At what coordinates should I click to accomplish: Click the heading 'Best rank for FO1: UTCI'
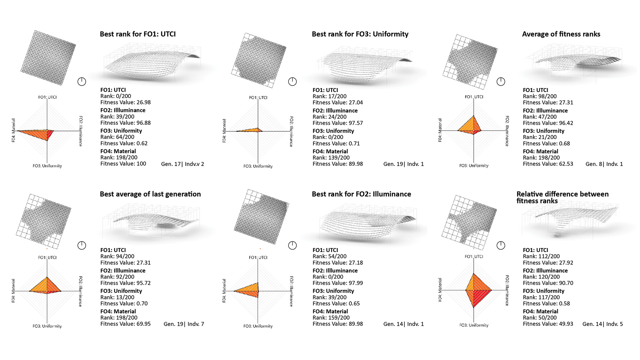click(x=138, y=34)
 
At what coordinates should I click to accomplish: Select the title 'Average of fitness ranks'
click(x=561, y=34)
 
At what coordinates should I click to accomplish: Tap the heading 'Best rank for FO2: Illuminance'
click(x=361, y=194)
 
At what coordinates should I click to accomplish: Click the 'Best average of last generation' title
click(x=150, y=194)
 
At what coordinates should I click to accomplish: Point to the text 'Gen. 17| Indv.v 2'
click(x=182, y=164)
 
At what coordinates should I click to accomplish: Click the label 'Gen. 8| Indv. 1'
click(x=604, y=164)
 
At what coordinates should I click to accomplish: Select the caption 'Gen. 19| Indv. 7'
click(x=184, y=324)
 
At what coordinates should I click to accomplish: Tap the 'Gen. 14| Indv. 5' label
click(x=602, y=324)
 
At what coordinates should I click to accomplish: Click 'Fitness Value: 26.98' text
click(x=125, y=102)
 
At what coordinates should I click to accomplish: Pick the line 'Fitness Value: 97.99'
click(x=338, y=283)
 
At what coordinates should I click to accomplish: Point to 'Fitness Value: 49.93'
click(x=548, y=324)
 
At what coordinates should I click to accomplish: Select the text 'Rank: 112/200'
click(x=541, y=256)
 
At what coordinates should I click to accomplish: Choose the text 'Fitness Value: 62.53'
click(x=548, y=164)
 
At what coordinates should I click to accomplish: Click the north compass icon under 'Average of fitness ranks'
click(x=501, y=82)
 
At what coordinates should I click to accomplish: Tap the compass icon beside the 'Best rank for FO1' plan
click(x=82, y=82)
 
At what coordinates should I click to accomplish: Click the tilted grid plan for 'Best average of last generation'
click(x=43, y=220)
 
